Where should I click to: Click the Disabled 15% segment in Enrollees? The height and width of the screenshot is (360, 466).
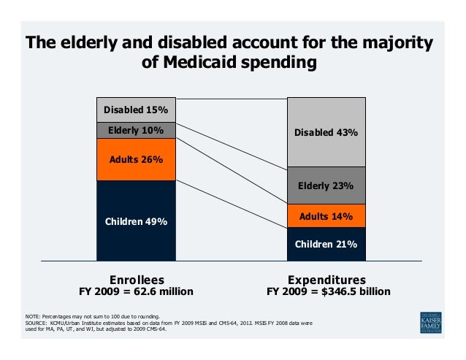136,110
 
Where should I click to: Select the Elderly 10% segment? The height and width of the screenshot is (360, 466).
136,130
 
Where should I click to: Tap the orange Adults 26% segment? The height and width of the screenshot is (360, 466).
136,159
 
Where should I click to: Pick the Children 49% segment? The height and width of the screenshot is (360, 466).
136,221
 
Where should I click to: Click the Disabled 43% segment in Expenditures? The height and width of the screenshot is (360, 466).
326,132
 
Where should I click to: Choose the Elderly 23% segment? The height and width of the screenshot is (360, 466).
326,185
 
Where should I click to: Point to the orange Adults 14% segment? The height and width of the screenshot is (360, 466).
326,216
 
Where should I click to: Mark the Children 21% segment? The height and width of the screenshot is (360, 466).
326,244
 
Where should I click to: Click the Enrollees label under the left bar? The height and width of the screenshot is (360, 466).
137,280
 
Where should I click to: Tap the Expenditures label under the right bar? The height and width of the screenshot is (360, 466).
326,280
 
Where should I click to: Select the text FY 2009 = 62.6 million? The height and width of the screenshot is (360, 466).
137,291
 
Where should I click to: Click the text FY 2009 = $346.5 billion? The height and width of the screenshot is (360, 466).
328,291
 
